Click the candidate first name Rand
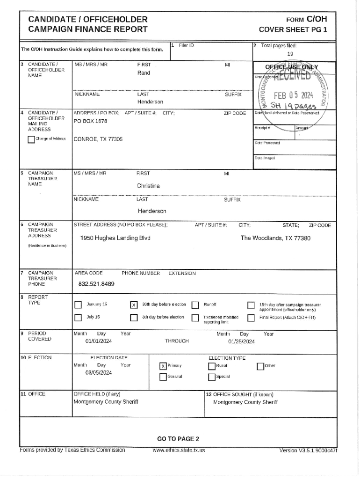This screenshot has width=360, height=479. click(144, 73)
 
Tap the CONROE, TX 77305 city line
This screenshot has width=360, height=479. click(98, 139)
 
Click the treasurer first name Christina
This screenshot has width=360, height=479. click(148, 186)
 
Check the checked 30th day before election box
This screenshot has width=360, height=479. click(133, 305)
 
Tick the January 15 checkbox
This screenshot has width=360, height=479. click(78, 305)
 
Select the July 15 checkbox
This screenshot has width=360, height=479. click(78, 318)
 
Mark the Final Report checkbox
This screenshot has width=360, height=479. click(250, 318)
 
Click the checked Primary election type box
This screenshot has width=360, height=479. click(163, 366)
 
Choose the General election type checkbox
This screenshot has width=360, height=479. click(163, 377)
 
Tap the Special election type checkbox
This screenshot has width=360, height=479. click(211, 377)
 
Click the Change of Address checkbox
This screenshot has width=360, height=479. click(31, 139)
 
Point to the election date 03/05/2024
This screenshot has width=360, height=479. click(99, 373)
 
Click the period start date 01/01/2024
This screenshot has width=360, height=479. click(99, 341)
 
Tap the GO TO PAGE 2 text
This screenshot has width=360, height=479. click(178, 439)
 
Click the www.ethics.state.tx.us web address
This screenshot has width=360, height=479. click(179, 450)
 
